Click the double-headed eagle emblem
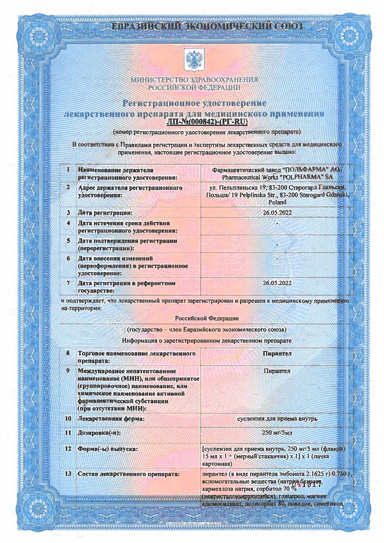[193, 59]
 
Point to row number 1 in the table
[68, 170]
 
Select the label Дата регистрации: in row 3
[105, 212]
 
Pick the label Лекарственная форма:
[111, 419]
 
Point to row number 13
[68, 474]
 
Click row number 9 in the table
[68, 371]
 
